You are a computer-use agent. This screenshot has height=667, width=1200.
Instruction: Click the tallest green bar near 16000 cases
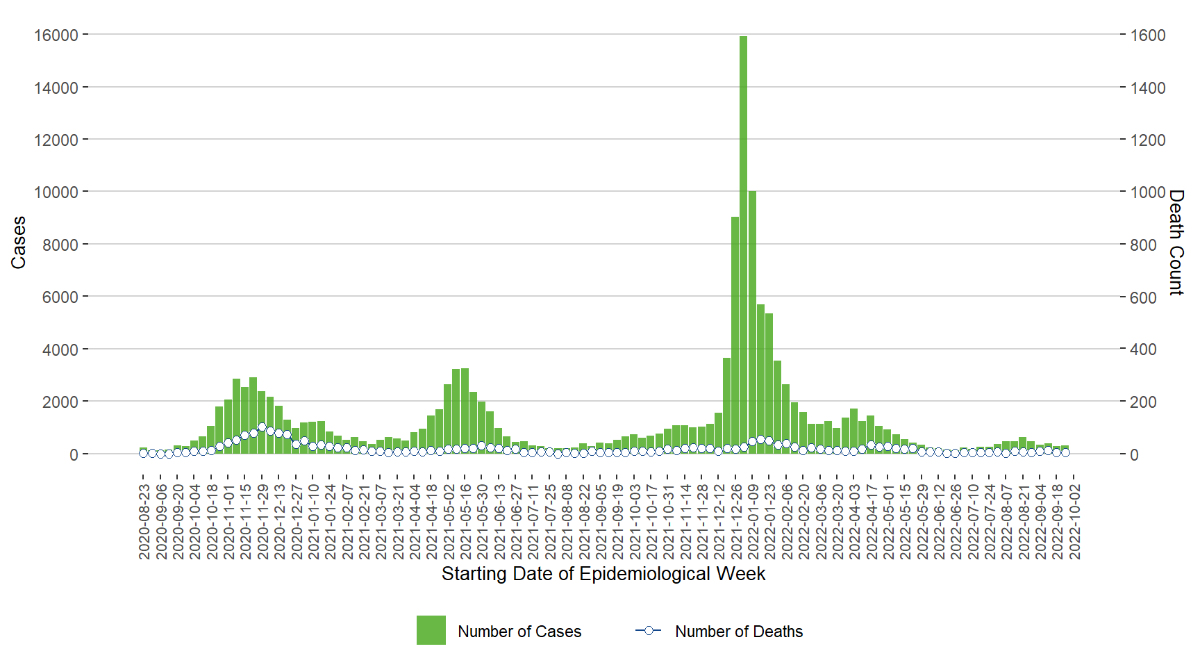point(743,243)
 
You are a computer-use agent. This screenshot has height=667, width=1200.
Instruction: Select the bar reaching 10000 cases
point(752,320)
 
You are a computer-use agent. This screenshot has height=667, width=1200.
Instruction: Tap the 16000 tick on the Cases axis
point(56,35)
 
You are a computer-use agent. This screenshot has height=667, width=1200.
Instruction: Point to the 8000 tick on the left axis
point(60,245)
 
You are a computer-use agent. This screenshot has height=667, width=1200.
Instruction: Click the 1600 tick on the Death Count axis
point(1147,35)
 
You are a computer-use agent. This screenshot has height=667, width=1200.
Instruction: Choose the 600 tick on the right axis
point(1143,297)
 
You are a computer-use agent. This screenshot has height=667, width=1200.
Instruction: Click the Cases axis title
point(19,242)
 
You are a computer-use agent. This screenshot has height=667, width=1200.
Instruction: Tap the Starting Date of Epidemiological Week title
point(603,574)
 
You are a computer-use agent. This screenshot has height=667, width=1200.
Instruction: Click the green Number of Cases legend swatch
point(431,630)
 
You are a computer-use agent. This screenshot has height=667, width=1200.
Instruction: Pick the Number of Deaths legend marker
point(648,630)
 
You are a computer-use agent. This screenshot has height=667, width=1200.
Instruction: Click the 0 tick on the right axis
point(1134,455)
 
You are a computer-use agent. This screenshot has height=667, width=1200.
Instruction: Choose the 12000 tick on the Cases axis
point(56,140)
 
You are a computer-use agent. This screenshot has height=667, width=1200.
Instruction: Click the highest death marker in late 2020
point(262,427)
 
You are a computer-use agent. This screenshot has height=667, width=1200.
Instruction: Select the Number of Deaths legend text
point(739,632)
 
